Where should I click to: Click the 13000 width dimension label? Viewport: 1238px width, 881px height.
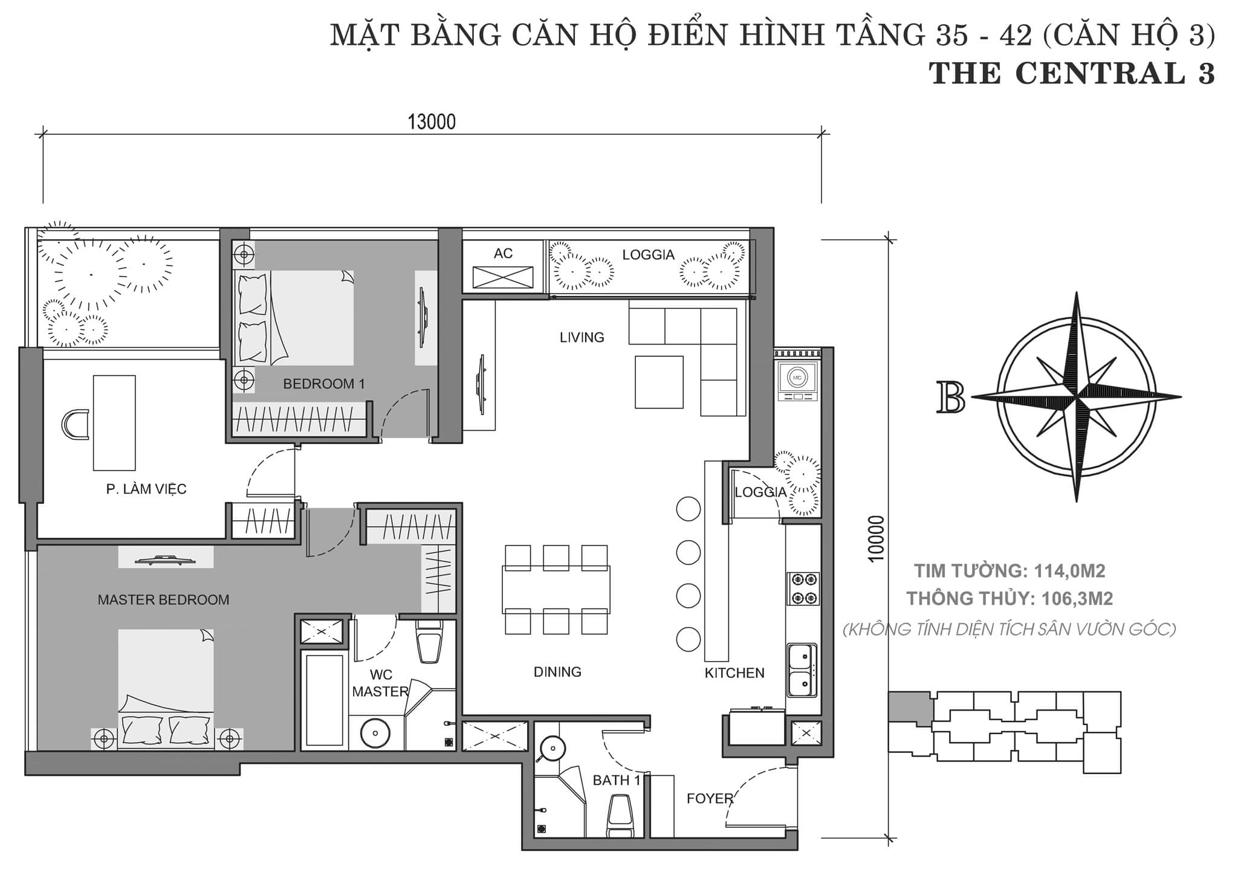pyautogui.click(x=432, y=122)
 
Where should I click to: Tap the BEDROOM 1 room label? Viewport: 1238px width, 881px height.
pyautogui.click(x=324, y=384)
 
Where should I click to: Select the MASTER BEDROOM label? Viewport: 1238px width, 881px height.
pyautogui.click(x=163, y=600)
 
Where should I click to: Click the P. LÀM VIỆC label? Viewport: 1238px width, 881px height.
pyautogui.click(x=146, y=488)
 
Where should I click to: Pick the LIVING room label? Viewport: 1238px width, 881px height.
pyautogui.click(x=582, y=337)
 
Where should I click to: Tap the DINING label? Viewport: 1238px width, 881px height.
pyautogui.click(x=557, y=671)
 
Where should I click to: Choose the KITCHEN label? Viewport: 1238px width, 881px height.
pyautogui.click(x=734, y=673)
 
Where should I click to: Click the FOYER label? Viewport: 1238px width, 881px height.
pyautogui.click(x=710, y=798)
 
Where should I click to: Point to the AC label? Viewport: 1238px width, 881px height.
pyautogui.click(x=503, y=253)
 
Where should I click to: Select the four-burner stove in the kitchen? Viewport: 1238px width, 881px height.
pyautogui.click(x=803, y=589)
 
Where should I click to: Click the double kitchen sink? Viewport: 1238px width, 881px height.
pyautogui.click(x=802, y=670)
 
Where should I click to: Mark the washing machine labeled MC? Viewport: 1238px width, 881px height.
pyautogui.click(x=797, y=381)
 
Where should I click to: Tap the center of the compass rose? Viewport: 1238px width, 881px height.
pyautogui.click(x=1077, y=398)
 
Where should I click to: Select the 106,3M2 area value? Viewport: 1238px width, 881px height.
pyautogui.click(x=1078, y=598)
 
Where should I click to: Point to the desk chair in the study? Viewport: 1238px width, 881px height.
pyautogui.click(x=75, y=424)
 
